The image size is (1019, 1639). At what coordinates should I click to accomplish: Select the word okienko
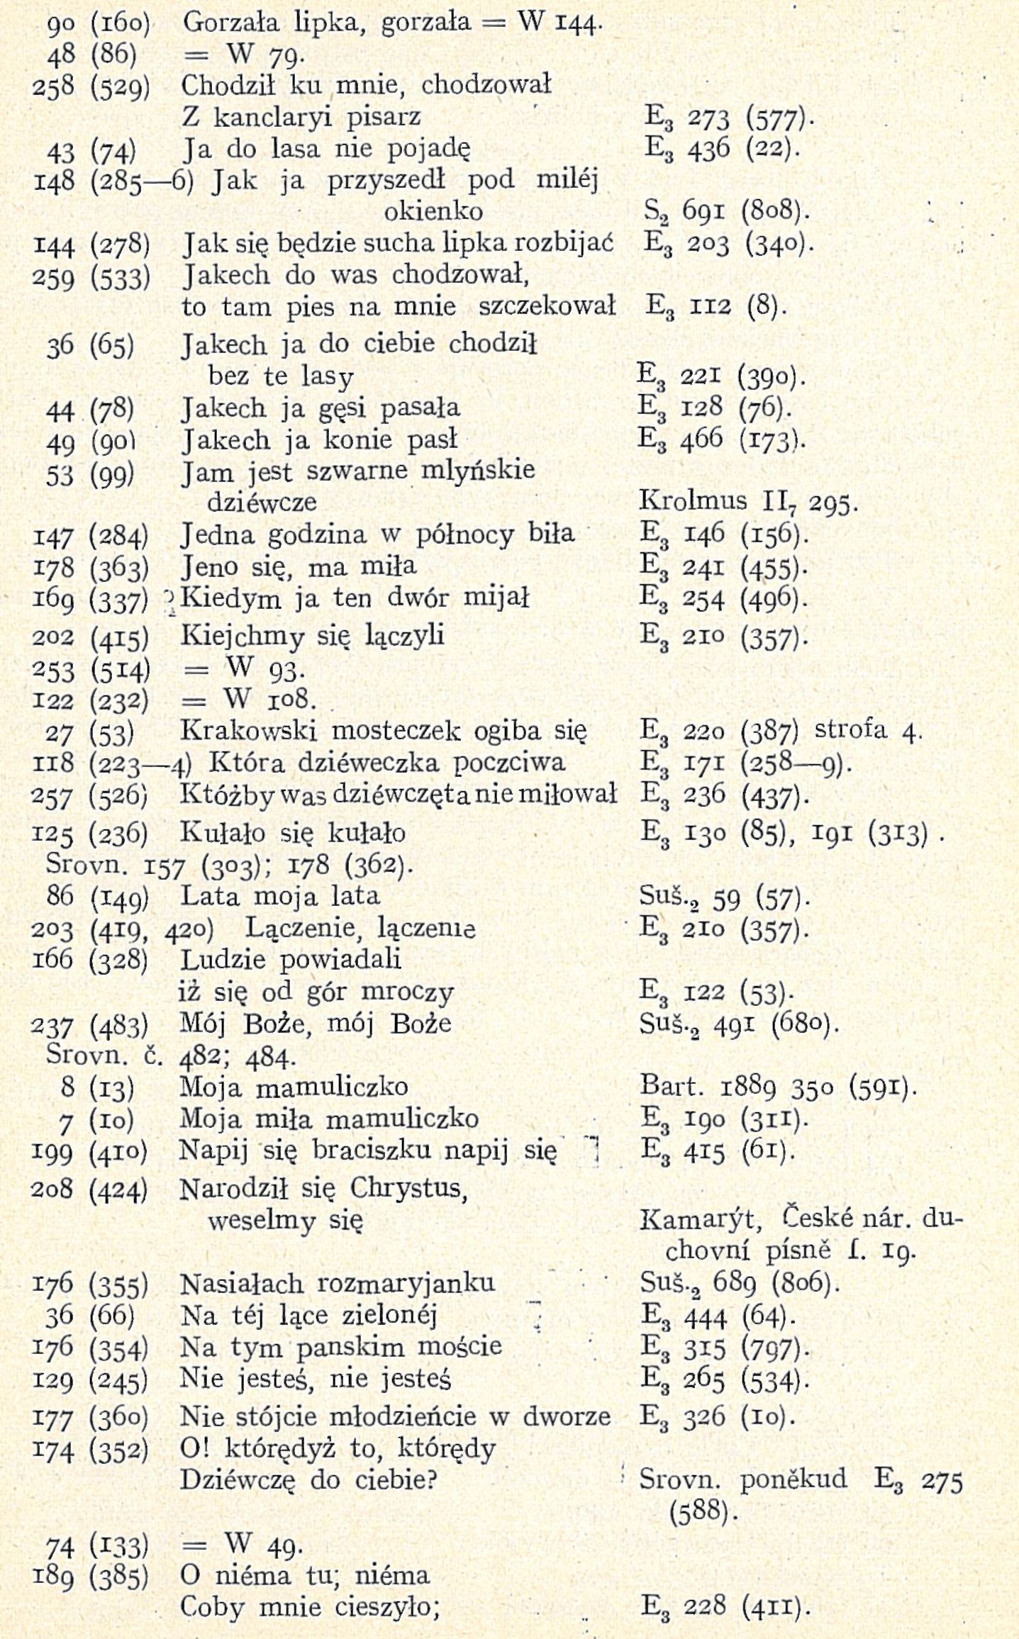[x=433, y=211]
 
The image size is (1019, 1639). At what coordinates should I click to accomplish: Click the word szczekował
[x=547, y=306]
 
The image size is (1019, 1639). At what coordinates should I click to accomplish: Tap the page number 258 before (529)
[x=54, y=86]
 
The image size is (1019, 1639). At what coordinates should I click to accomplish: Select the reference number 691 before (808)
[x=702, y=211]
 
